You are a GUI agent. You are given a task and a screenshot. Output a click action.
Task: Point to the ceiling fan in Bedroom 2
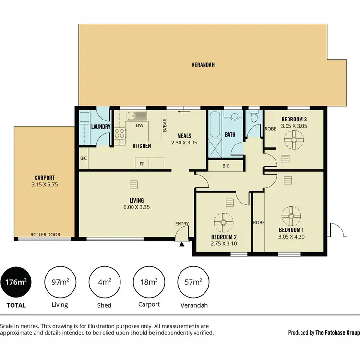pos(223,222)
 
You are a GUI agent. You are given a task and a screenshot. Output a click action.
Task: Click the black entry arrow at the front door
pos(181,244)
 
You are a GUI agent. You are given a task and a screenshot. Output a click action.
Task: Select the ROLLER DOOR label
pos(44,235)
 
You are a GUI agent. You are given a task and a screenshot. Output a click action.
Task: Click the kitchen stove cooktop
pos(119,132)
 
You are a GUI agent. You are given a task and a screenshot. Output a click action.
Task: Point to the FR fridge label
pos(142,164)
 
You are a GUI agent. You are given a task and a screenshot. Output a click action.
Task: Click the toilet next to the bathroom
pos(253,116)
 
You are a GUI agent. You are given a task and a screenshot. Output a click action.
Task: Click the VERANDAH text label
pos(203,64)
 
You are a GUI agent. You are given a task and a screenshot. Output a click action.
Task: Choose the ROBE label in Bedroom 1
pos(258,222)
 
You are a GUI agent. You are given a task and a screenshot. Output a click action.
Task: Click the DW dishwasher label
pos(140,126)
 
